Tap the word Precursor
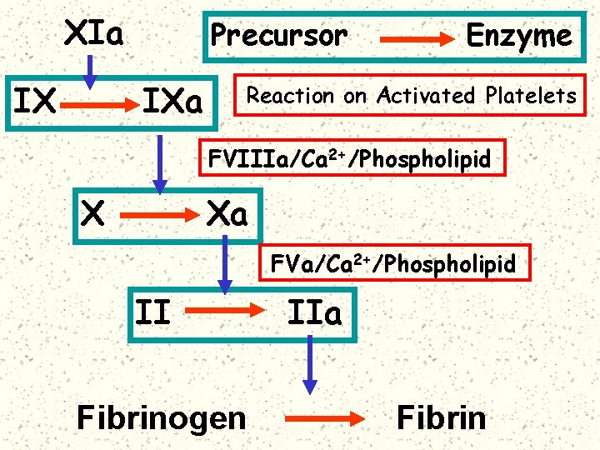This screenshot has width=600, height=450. (278, 36)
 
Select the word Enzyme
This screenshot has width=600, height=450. (518, 36)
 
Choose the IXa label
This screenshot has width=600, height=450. (172, 102)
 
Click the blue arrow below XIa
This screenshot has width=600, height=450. (91, 69)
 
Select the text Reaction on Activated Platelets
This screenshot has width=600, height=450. (411, 96)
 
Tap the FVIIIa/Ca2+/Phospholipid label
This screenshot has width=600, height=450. (350, 158)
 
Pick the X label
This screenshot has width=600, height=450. (93, 216)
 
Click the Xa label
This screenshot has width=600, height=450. (227, 216)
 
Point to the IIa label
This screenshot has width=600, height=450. (314, 314)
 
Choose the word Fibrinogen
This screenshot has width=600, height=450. (161, 417)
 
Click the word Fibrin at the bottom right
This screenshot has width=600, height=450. (441, 417)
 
